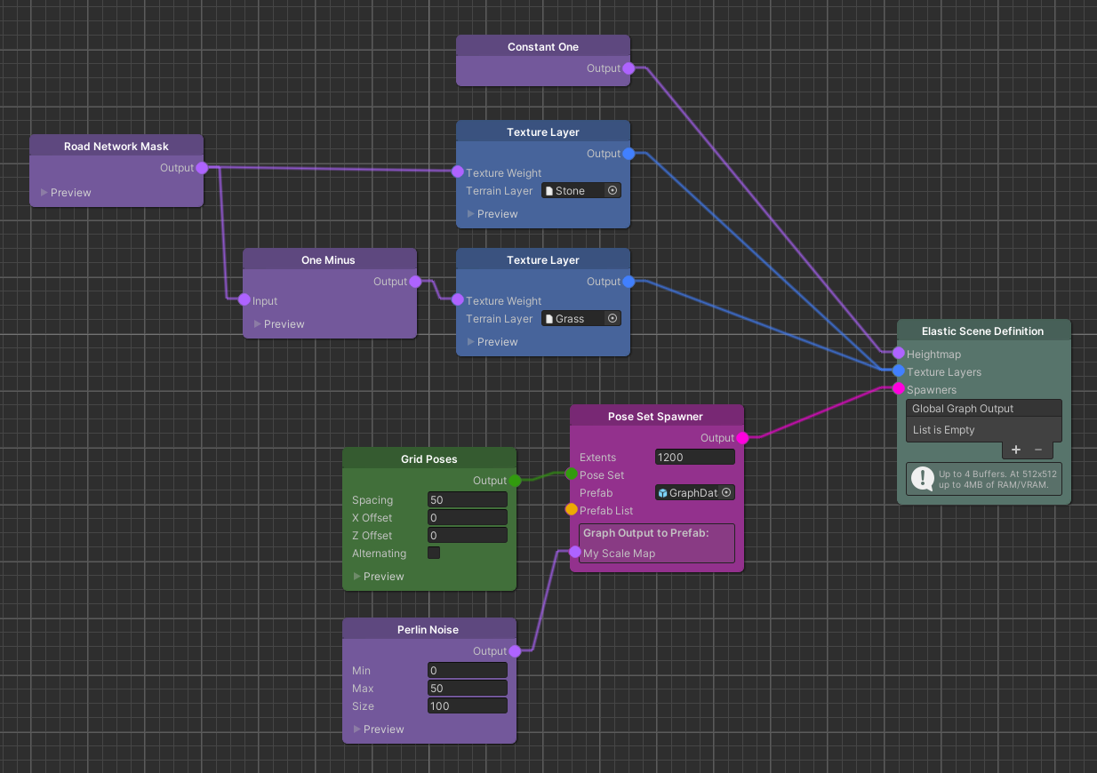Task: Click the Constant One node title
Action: [x=542, y=47]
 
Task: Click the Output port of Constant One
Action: [x=629, y=68]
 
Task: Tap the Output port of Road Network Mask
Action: [x=202, y=168]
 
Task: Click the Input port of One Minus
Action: [x=244, y=299]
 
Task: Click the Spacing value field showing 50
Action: [x=467, y=500]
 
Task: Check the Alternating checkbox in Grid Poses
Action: [x=434, y=553]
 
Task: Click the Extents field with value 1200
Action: [x=694, y=458]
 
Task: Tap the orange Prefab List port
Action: [x=572, y=509]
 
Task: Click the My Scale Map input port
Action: [x=575, y=552]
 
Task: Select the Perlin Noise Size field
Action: [x=467, y=706]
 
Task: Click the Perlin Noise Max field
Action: [x=467, y=689]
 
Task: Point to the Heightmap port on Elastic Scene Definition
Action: [x=899, y=353]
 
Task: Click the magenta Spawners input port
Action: [x=899, y=388]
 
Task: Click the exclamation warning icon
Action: [x=922, y=479]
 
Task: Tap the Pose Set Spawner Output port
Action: [x=742, y=438]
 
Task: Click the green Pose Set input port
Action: [x=572, y=474]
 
